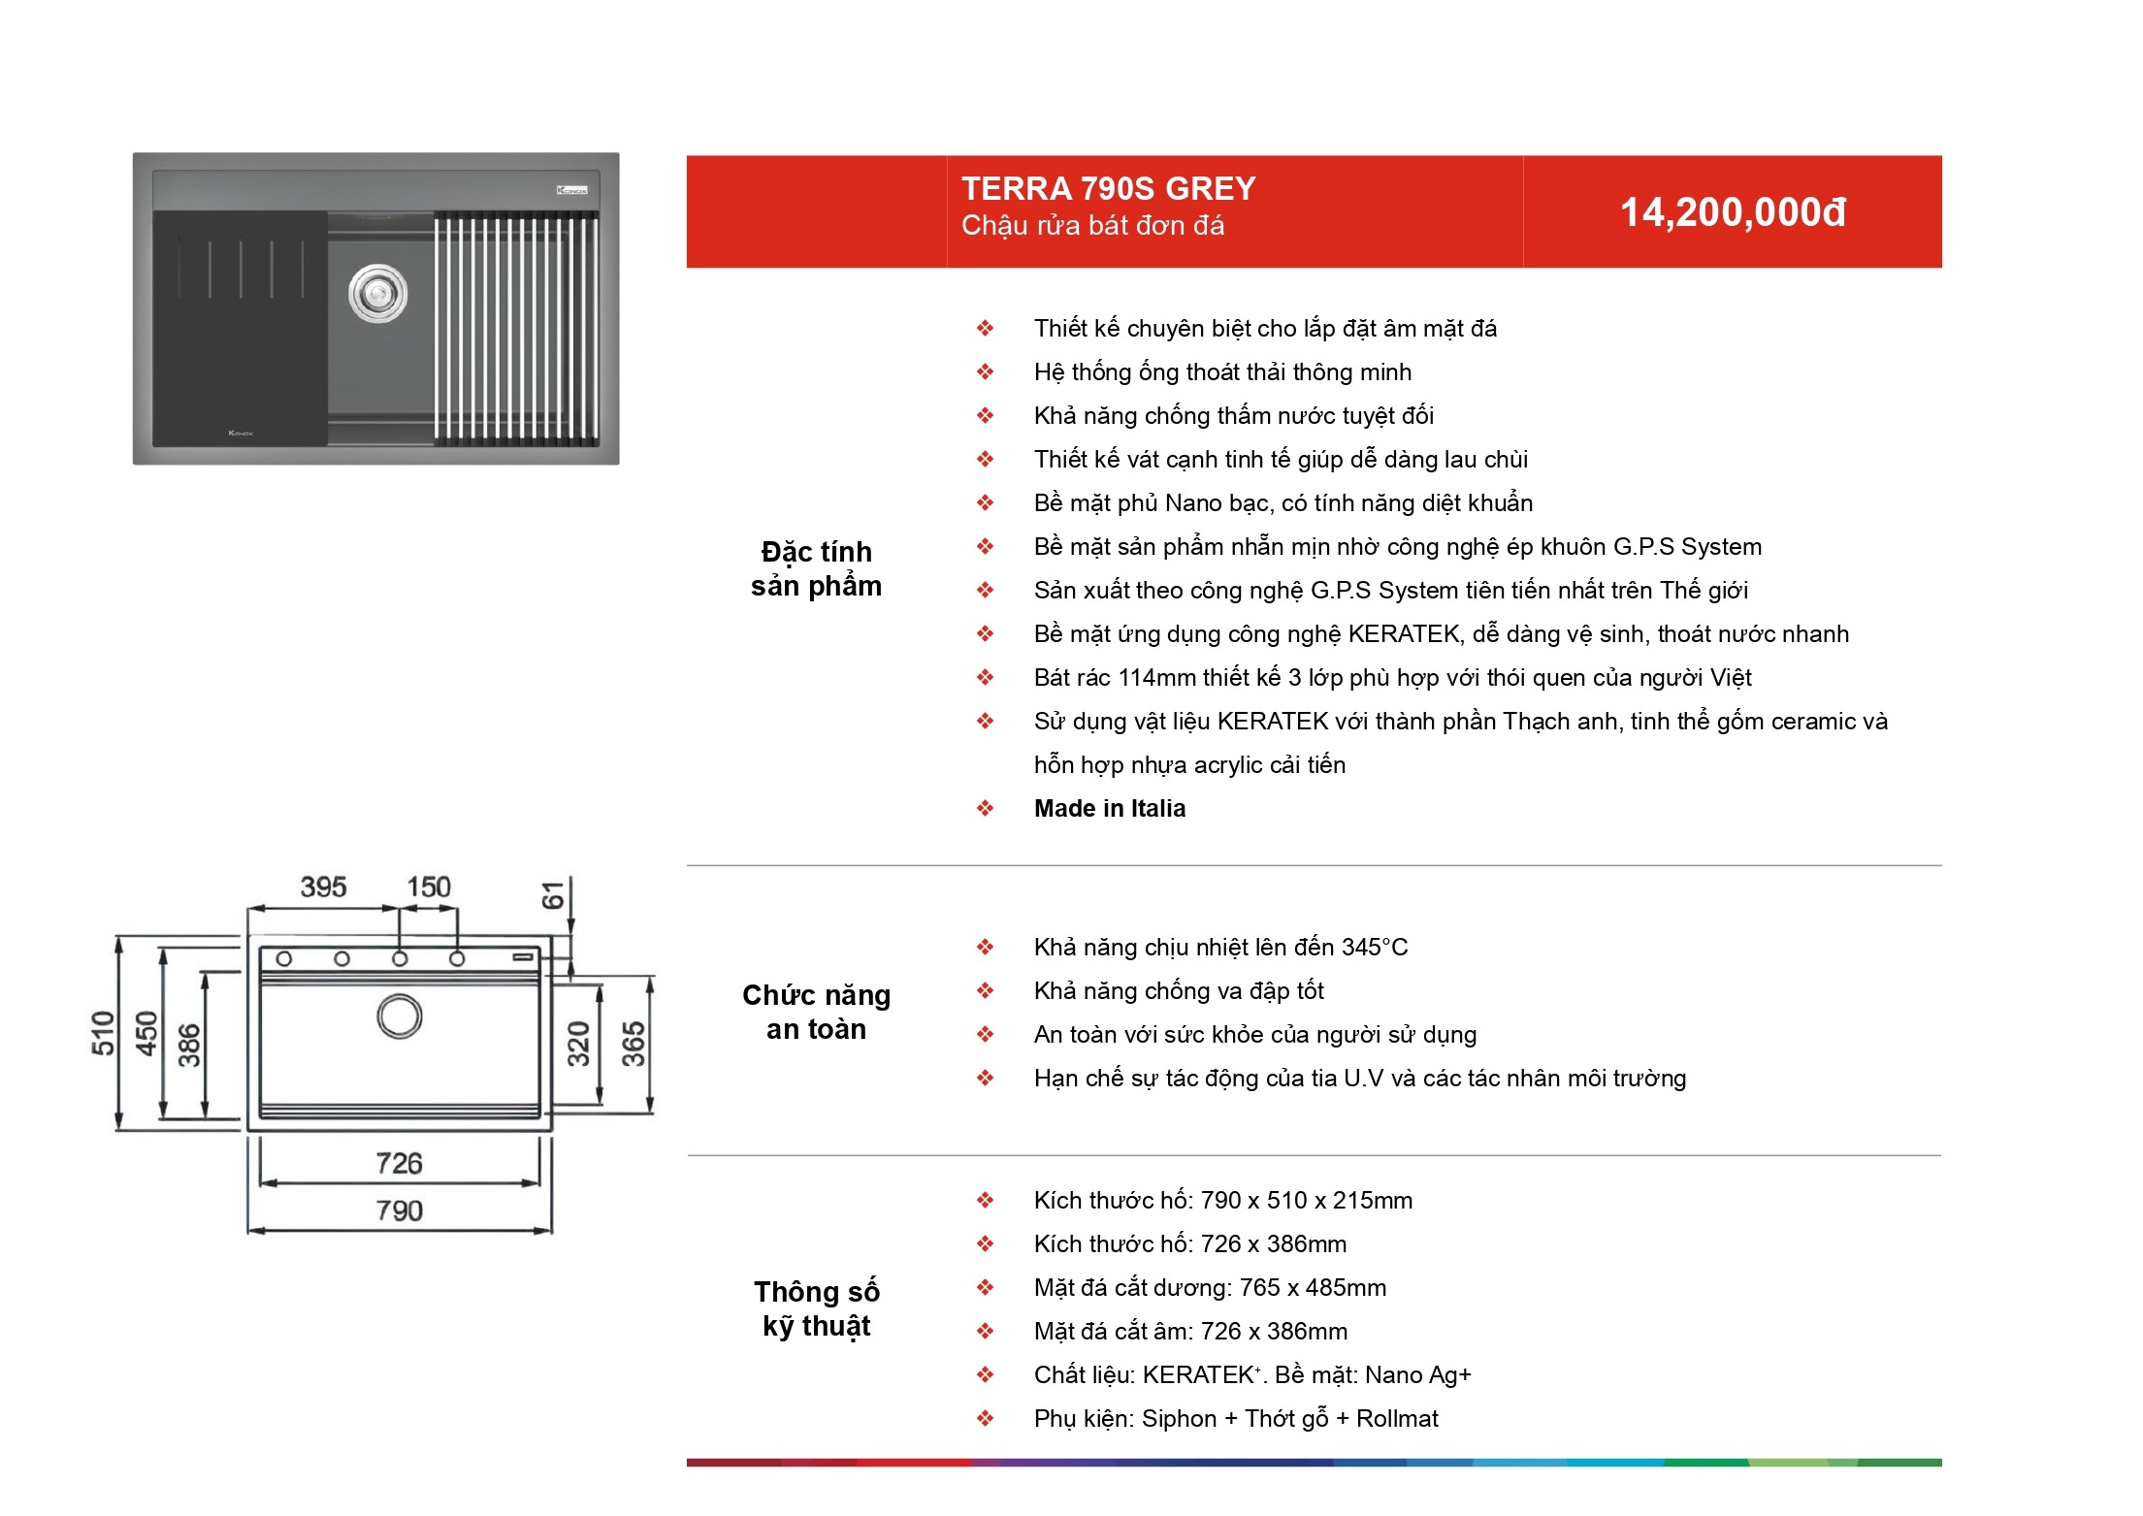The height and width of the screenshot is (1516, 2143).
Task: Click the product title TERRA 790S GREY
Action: [1108, 188]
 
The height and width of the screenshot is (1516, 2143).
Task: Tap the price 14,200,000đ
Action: [1733, 212]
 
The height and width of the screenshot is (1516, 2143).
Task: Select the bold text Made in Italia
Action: [1110, 808]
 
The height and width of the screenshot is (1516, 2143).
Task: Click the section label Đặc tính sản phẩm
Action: [816, 568]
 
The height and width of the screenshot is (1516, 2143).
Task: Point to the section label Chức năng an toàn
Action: [816, 1012]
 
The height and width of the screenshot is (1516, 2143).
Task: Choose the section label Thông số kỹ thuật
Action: [816, 1308]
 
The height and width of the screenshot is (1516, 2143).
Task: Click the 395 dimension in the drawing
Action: [323, 887]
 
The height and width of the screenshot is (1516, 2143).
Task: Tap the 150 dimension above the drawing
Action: [428, 887]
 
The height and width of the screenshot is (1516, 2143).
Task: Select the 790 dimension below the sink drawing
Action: [399, 1210]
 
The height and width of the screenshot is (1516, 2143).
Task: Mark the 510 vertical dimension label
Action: [103, 1032]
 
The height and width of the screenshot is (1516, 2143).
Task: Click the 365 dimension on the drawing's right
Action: [633, 1044]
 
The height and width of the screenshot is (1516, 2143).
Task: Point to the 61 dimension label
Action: [552, 895]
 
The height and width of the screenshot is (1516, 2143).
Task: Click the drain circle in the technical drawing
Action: [399, 1016]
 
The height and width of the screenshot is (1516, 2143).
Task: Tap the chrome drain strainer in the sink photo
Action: [377, 293]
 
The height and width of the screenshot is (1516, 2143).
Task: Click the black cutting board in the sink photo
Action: [240, 329]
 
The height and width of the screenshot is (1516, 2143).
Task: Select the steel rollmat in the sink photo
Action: [515, 329]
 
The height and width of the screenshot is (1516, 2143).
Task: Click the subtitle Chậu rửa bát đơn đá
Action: [1092, 226]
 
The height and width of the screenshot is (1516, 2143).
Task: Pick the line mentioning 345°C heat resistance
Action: [1220, 948]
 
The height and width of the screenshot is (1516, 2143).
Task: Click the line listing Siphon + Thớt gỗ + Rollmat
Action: [1236, 1419]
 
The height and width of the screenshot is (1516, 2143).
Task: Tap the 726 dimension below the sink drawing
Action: [399, 1163]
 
